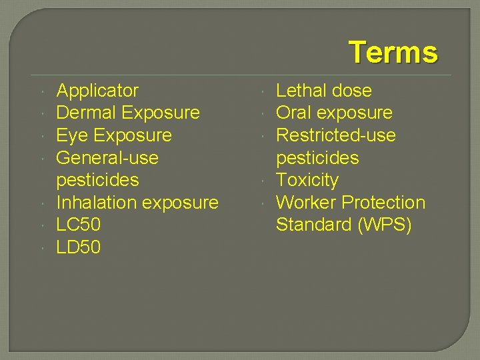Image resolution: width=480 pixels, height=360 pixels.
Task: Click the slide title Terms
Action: tap(393, 52)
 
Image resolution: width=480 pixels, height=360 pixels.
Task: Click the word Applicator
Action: tap(97, 91)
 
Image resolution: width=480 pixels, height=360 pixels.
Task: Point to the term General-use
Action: tap(107, 158)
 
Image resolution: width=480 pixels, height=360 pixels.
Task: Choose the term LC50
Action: tap(79, 225)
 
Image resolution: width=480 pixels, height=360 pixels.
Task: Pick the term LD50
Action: tap(79, 247)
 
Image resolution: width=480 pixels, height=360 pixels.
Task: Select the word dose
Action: tap(352, 91)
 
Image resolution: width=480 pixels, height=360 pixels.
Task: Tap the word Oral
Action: tap(294, 113)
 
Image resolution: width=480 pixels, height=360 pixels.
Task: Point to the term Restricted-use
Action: tap(335, 135)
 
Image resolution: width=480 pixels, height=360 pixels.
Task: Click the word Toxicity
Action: tap(307, 180)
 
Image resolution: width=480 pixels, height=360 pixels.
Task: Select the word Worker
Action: tap(307, 203)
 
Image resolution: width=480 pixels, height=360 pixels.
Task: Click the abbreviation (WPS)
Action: tap(385, 225)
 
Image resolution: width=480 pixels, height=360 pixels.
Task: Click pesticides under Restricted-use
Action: tap(317, 158)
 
